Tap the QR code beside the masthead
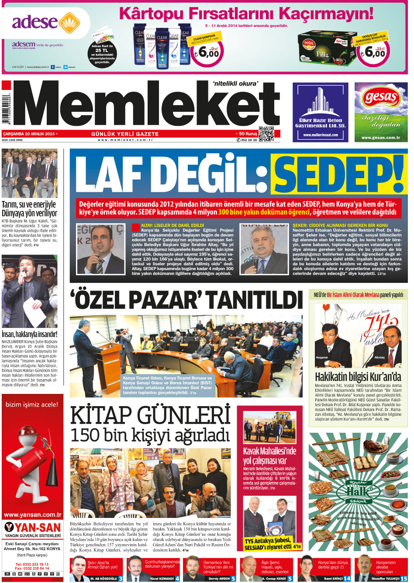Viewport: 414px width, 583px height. pyautogui.click(x=266, y=134)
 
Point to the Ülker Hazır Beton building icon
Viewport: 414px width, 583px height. pyautogui.click(x=320, y=102)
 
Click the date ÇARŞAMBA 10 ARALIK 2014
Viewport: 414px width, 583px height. pyautogui.click(x=29, y=134)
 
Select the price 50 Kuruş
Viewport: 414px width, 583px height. pyautogui.click(x=248, y=134)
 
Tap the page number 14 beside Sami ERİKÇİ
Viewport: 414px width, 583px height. pyautogui.click(x=347, y=578)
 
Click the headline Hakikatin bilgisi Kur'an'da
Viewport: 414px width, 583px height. pyautogui.click(x=358, y=376)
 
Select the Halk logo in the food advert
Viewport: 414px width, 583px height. pyautogui.click(x=358, y=490)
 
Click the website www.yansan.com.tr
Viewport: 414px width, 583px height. pyautogui.click(x=32, y=514)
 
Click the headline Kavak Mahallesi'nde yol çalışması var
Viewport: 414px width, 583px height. pyautogui.click(x=269, y=455)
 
